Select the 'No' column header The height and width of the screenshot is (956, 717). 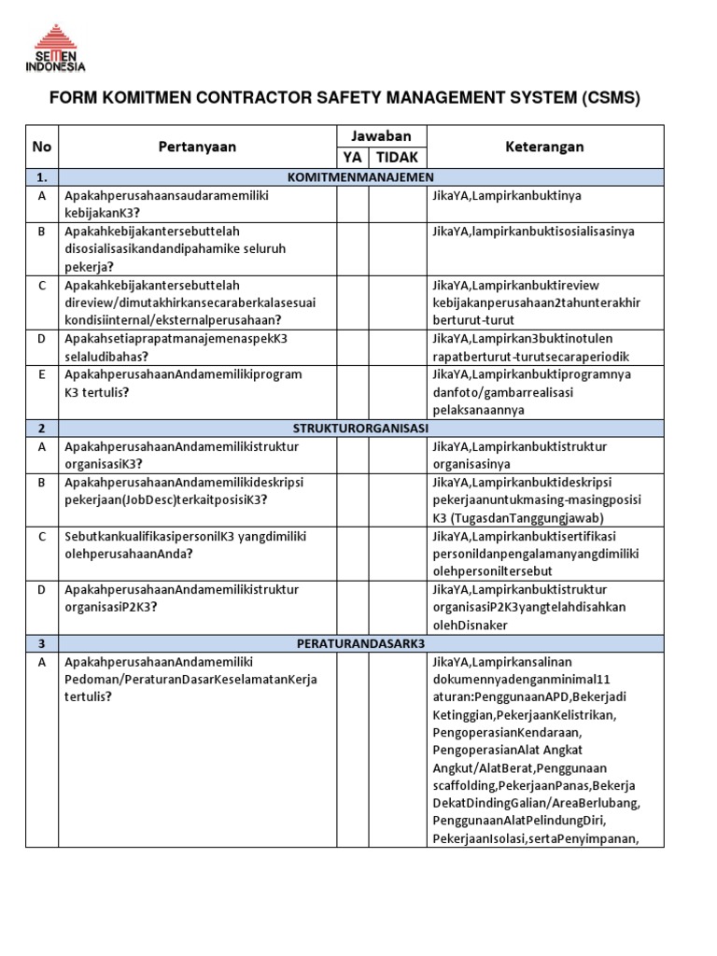click(x=42, y=147)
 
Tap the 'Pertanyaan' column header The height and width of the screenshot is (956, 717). click(x=197, y=147)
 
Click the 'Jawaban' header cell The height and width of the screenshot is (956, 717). click(x=381, y=136)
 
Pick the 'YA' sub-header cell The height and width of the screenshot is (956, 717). click(x=353, y=158)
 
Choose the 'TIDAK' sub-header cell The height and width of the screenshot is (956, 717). click(x=398, y=158)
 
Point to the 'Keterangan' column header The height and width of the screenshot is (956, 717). click(x=544, y=147)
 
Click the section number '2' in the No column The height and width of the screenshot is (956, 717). click(x=42, y=429)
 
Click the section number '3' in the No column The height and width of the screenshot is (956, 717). click(x=42, y=644)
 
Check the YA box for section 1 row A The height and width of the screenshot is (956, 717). click(x=353, y=204)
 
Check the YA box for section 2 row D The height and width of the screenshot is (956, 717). click(x=353, y=607)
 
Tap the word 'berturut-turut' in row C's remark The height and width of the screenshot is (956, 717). click(x=475, y=320)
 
